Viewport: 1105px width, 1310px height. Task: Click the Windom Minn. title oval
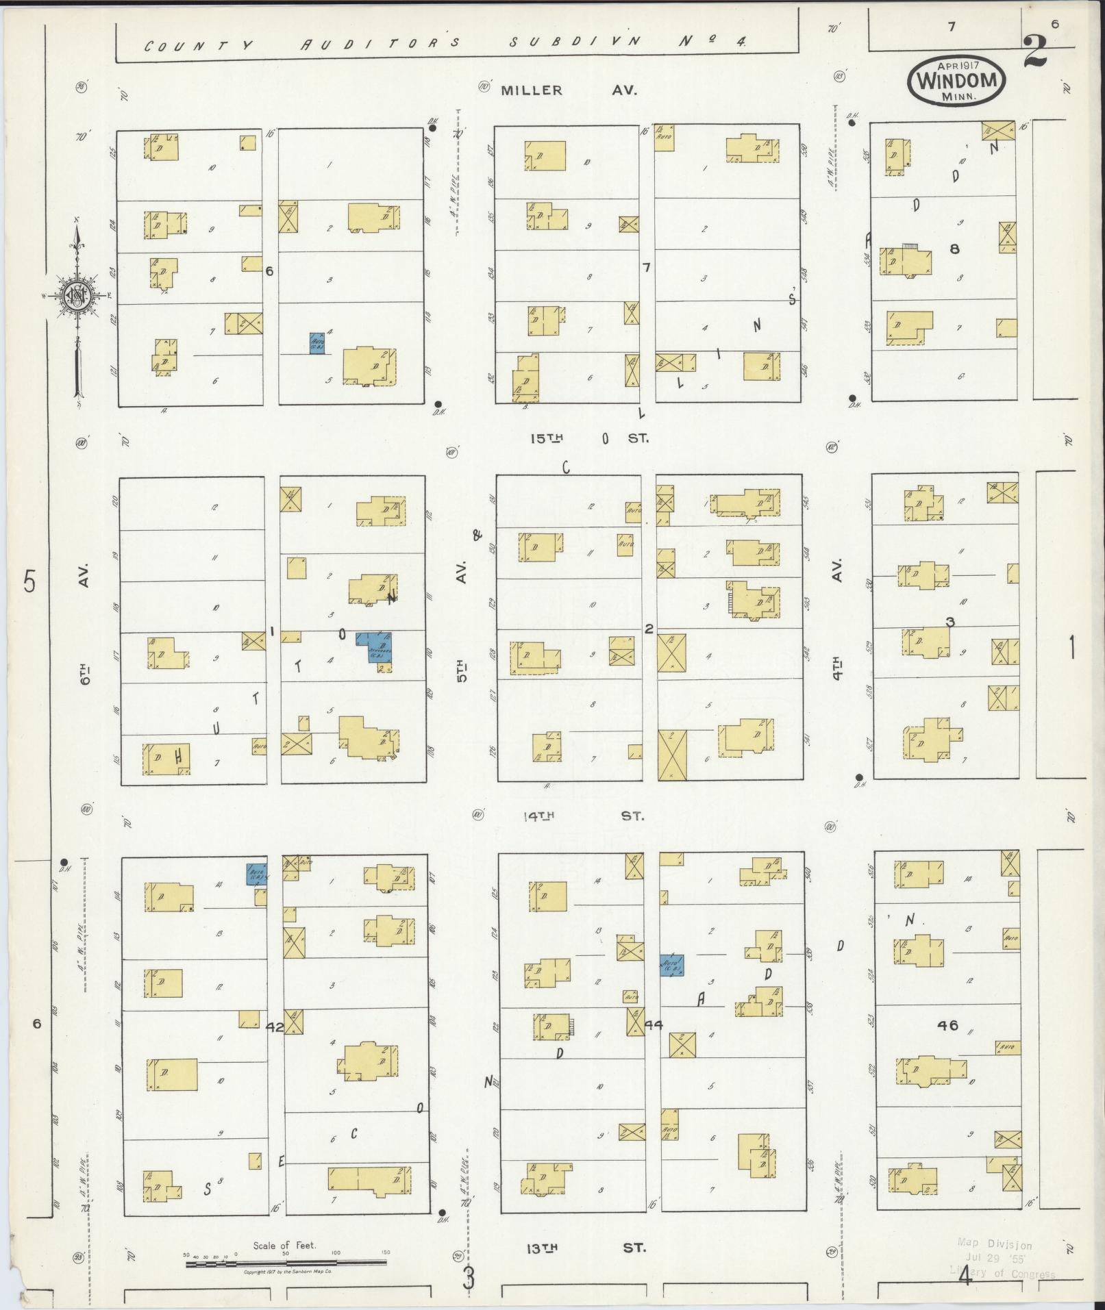point(957,81)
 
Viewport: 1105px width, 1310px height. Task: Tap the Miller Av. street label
point(569,90)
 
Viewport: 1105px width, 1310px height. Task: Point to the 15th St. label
point(588,438)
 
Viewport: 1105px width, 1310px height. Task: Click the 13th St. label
point(585,1247)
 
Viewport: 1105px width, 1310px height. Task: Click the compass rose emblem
point(76,294)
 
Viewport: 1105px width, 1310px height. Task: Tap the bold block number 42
point(275,1027)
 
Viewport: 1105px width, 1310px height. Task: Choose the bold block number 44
point(654,1025)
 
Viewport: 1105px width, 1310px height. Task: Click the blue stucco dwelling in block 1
point(375,648)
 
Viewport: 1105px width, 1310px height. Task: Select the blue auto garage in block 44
point(671,966)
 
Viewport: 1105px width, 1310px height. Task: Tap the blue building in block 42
point(257,874)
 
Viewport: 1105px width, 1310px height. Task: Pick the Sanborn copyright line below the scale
point(288,1272)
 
